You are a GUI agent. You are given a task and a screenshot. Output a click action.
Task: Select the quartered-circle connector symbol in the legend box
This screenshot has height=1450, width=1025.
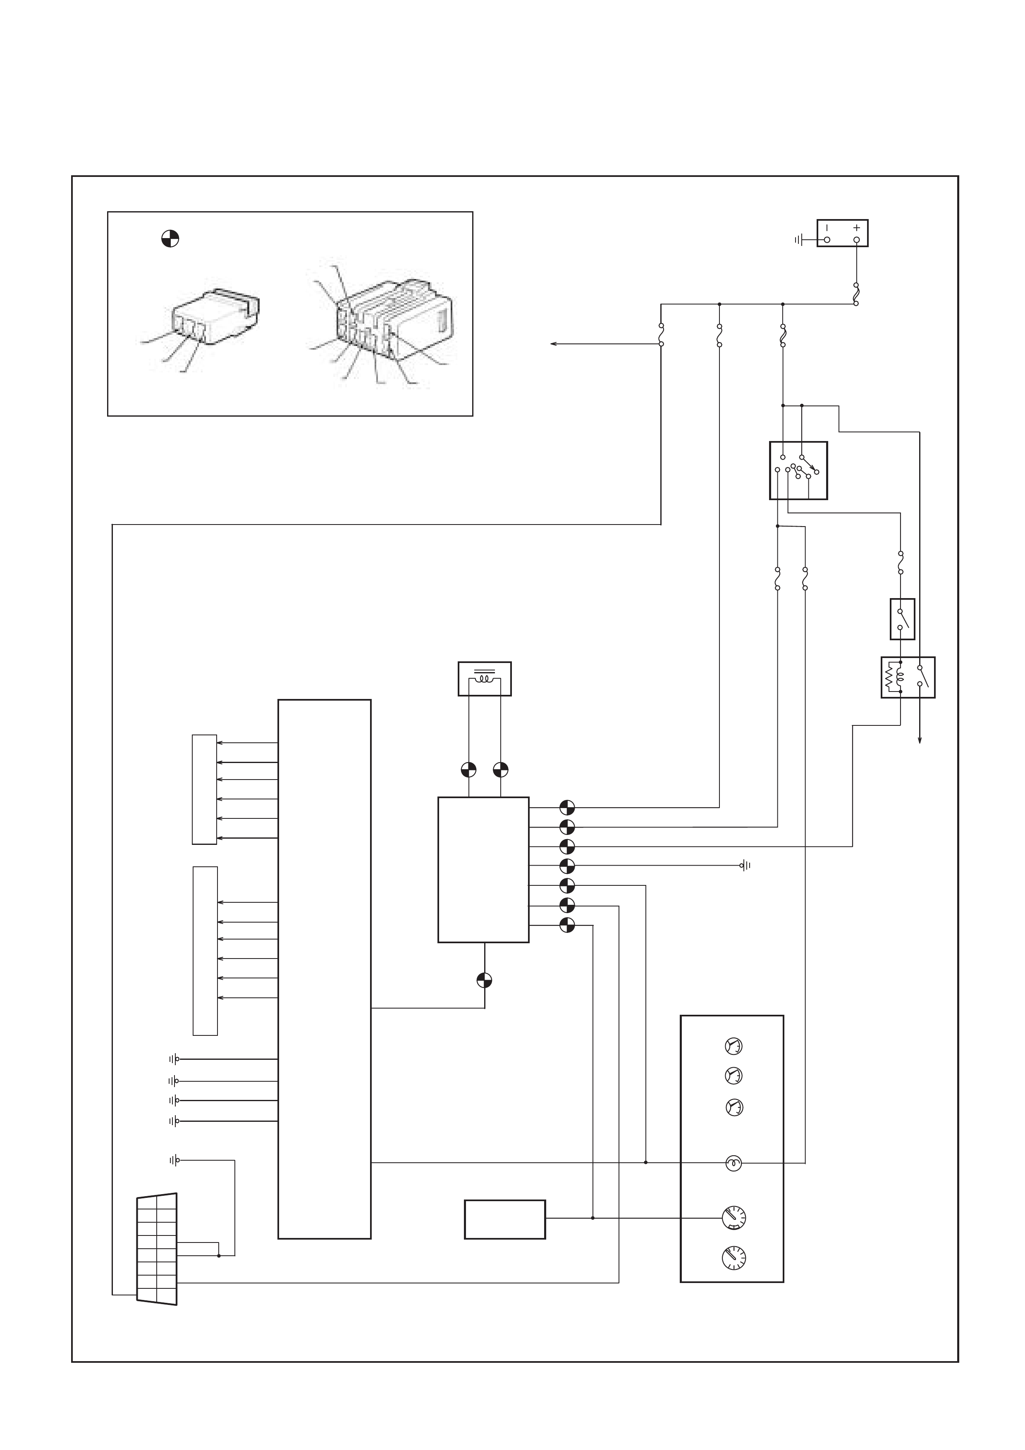(170, 239)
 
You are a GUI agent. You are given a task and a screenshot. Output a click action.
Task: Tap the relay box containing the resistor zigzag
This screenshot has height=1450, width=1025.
(908, 677)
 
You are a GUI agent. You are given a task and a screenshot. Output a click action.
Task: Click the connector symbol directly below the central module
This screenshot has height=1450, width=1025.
(485, 980)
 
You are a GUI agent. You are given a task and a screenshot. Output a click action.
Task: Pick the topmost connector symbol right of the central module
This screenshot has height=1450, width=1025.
(567, 807)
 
